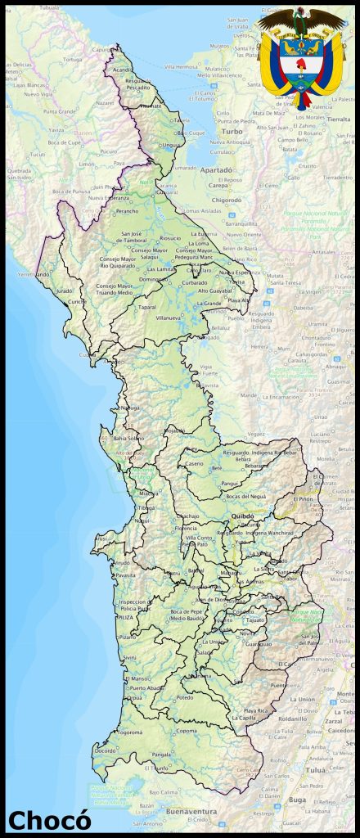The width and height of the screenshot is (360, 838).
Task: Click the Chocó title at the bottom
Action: point(49,819)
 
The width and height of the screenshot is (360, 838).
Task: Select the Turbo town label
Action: point(232,131)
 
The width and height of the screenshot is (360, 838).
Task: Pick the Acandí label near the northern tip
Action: point(123,70)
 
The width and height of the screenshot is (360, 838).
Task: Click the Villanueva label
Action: point(168,317)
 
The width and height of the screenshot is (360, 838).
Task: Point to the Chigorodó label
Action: point(227,199)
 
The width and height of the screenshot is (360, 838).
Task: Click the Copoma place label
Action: point(187,731)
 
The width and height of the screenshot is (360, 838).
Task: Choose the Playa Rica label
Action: point(257,710)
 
